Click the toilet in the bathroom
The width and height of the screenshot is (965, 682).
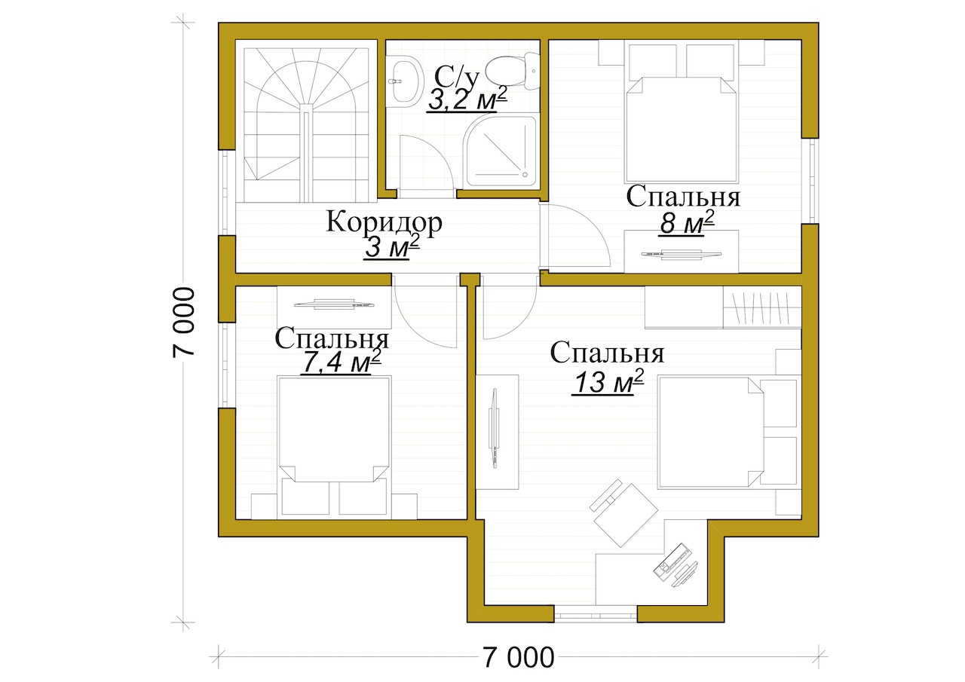513,72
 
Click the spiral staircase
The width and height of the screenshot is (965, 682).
306,124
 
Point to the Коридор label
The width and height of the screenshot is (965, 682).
384,222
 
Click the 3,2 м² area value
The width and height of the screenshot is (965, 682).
466,100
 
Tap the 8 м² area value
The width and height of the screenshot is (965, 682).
687,224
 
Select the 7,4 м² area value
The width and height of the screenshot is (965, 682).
342,362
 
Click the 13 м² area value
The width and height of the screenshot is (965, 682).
608,382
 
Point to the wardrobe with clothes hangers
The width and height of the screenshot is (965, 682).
761,307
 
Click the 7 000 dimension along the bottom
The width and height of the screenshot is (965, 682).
519,657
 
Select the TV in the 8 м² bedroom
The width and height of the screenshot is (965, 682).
681,254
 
